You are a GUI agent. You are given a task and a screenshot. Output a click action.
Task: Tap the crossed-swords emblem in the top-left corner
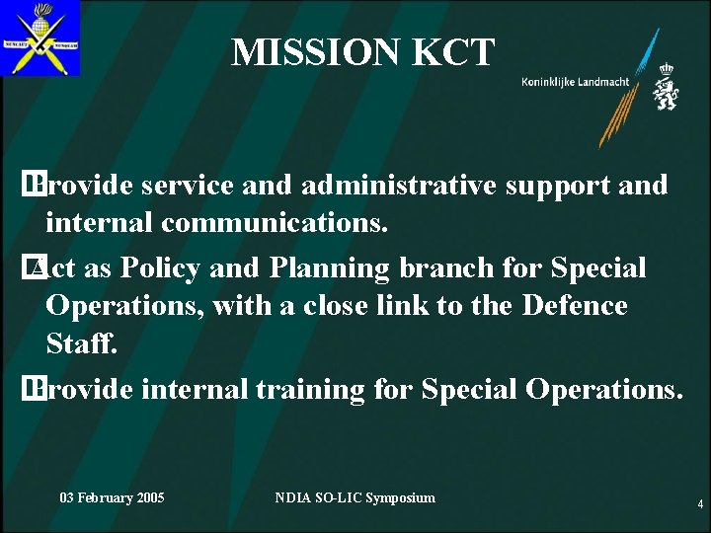coord(40,38)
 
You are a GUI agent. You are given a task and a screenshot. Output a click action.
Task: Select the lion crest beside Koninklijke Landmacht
coord(666,87)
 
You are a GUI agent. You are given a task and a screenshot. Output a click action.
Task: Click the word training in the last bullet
coord(311,389)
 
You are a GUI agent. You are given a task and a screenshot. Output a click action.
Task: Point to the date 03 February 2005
coord(112,497)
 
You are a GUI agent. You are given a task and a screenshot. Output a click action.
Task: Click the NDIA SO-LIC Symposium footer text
coord(355,497)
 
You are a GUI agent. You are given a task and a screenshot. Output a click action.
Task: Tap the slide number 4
coord(700,504)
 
